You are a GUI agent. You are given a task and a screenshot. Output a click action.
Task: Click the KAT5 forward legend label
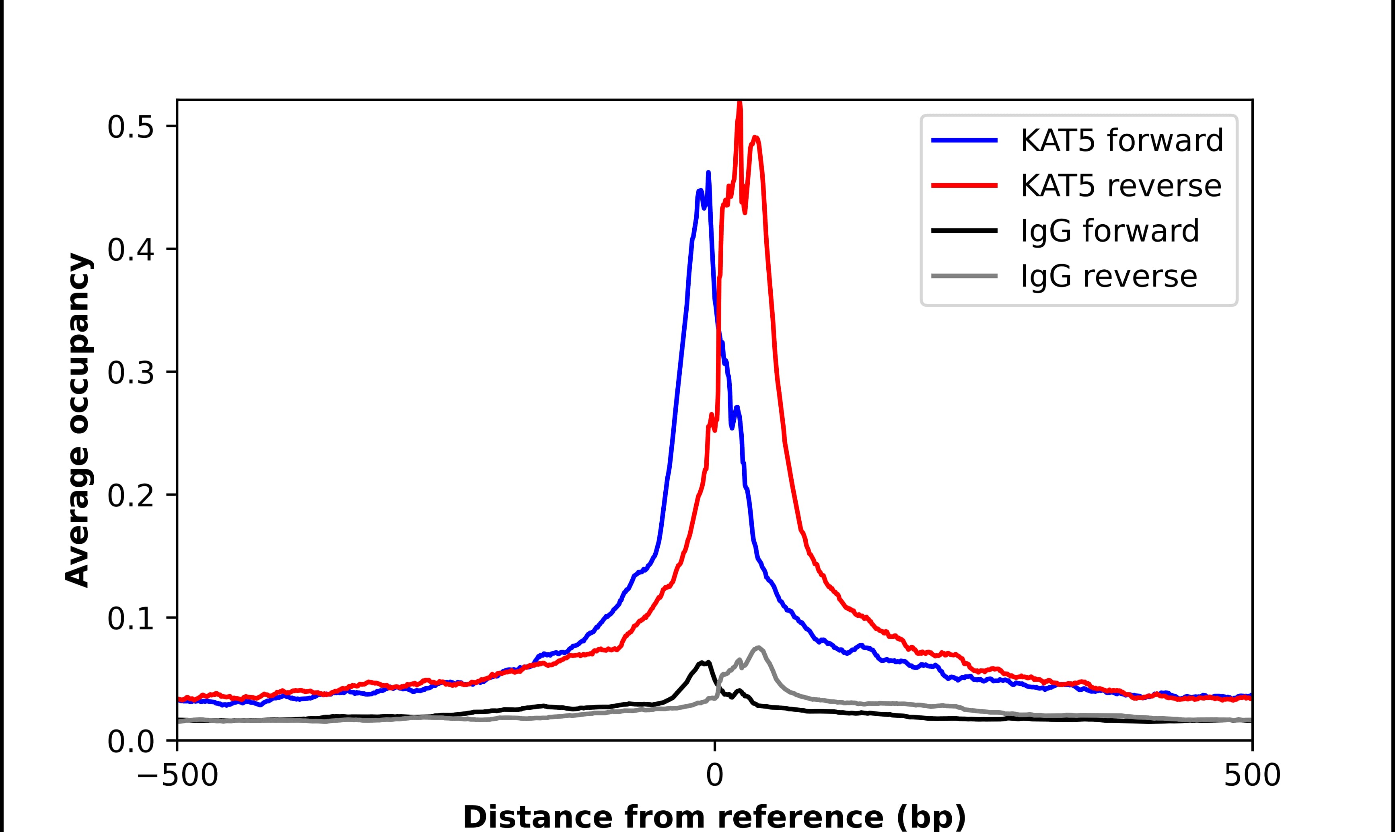1121,141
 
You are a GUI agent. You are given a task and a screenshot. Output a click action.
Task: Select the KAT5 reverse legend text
1120,186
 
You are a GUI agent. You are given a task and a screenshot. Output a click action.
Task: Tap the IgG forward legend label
1109,231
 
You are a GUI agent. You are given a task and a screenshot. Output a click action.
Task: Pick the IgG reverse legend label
1108,277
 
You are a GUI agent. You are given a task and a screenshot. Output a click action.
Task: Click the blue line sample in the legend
964,141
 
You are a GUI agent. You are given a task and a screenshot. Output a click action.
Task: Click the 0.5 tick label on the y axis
130,128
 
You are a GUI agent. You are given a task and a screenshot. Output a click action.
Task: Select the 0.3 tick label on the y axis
130,373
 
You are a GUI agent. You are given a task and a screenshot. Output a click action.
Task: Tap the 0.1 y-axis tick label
130,619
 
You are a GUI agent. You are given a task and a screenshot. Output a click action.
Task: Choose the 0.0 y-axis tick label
130,742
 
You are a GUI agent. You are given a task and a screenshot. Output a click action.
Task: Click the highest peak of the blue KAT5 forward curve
708,173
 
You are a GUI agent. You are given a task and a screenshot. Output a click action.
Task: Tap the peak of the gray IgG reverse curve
758,648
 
